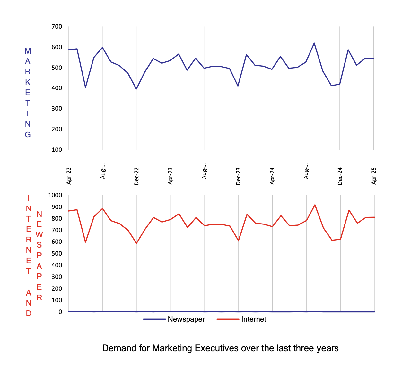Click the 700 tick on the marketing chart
pos(57,27)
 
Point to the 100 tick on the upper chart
pos(57,150)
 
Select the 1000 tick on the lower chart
pos(55,195)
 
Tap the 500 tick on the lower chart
pos(57,253)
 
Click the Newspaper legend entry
pos(186,319)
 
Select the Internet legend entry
pos(253,319)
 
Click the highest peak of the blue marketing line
pos(314,43)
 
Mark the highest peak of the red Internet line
pos(315,205)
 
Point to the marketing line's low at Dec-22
pos(136,89)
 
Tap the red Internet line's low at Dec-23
pos(239,241)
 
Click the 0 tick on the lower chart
pos(60,312)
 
